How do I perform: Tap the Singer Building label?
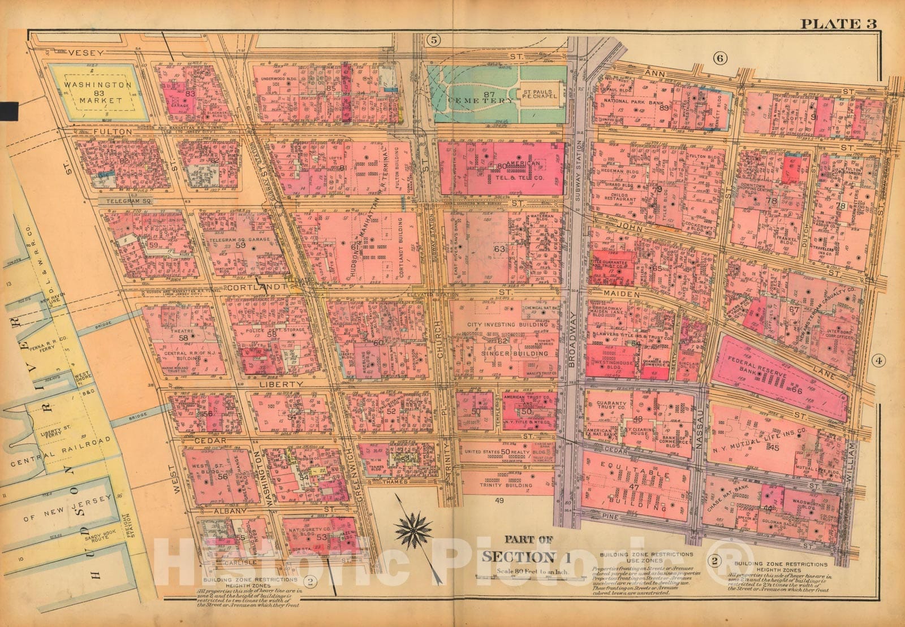[515, 353]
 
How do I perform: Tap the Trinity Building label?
[498, 485]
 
